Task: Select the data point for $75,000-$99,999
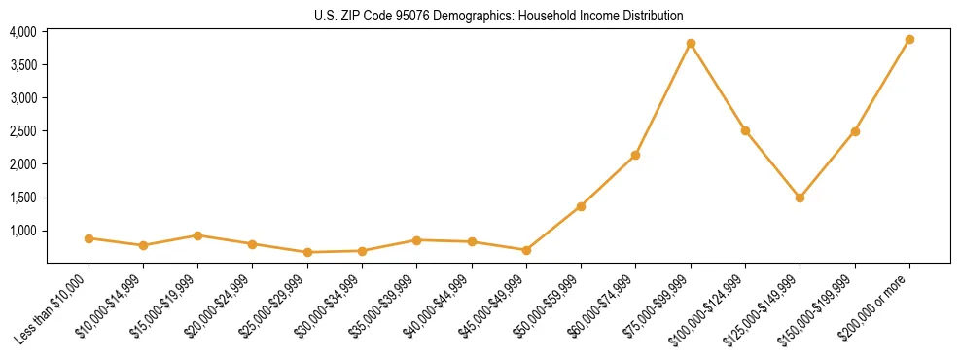(x=691, y=43)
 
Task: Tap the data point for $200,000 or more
(x=909, y=39)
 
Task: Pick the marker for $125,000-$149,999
(x=800, y=198)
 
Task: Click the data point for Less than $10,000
(x=89, y=238)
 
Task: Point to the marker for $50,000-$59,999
(x=581, y=206)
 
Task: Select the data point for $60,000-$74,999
(x=635, y=155)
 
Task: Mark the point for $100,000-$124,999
(x=745, y=130)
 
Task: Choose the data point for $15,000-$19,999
(x=197, y=235)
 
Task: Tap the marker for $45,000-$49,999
(x=526, y=250)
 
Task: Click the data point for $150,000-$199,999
(x=855, y=131)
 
